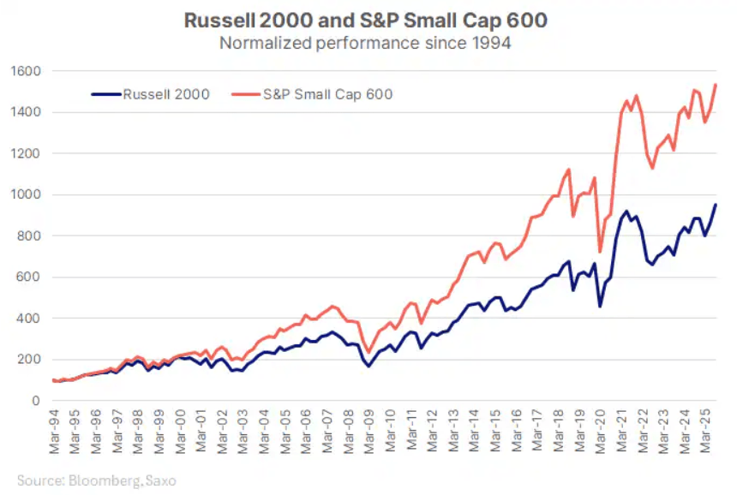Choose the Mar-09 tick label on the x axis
point(368,428)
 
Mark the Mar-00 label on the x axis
point(180,428)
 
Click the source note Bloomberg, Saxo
point(96,480)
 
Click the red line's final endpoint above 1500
point(716,84)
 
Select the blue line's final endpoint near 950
point(716,205)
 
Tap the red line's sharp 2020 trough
point(600,252)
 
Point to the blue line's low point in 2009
point(369,367)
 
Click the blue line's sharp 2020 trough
point(600,307)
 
